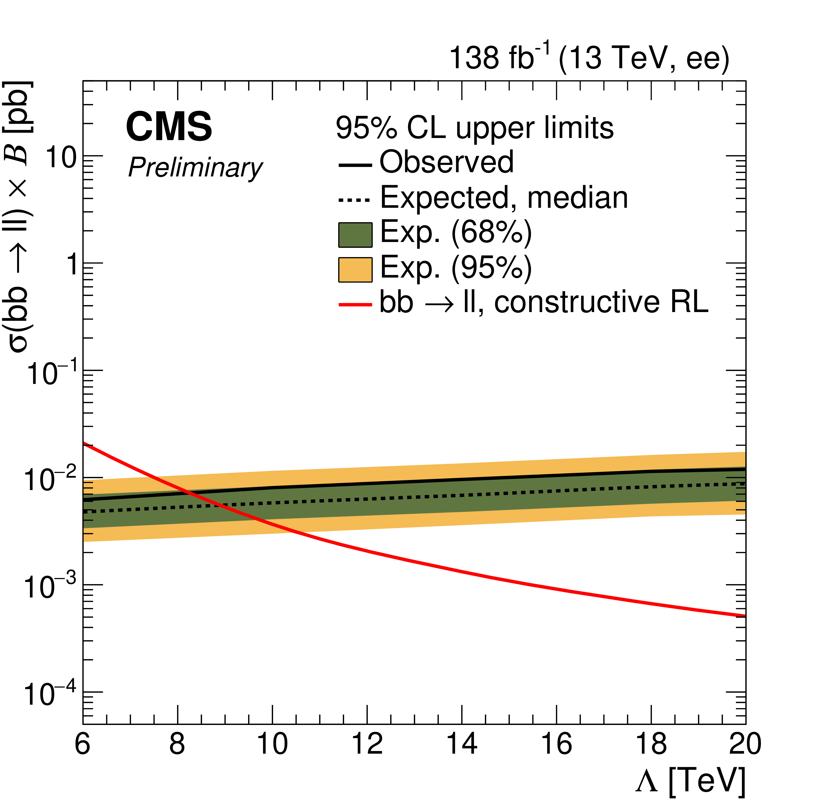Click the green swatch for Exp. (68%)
pos(355,235)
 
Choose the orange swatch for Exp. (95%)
pos(355,270)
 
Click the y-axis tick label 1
pos(73,265)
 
